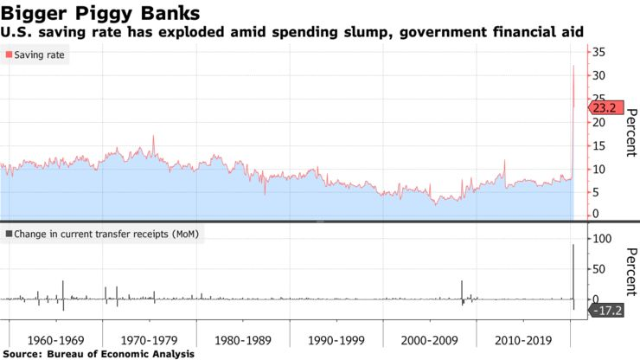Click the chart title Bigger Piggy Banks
[102, 14]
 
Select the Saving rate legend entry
[40, 55]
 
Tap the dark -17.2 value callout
[605, 309]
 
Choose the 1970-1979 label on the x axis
[149, 339]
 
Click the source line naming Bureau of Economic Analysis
[99, 354]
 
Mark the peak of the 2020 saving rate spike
[573, 66]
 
